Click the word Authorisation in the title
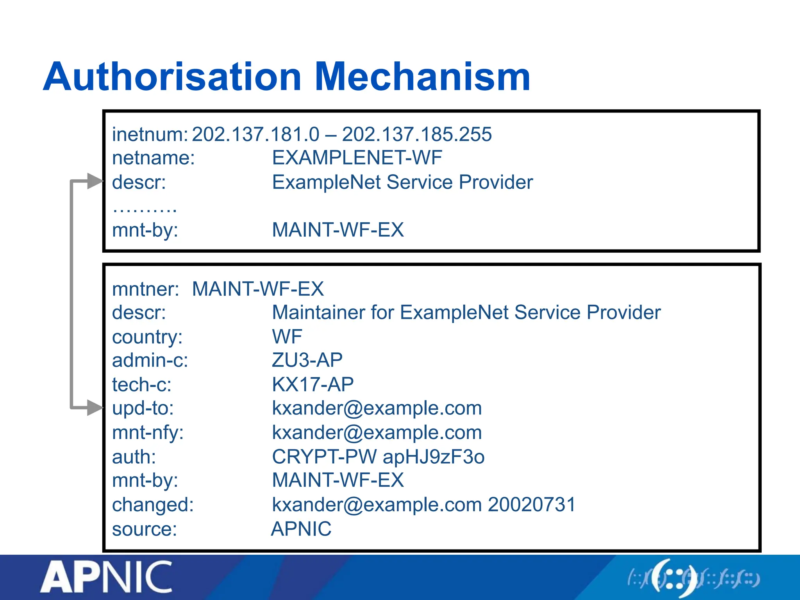(172, 77)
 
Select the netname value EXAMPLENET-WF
(357, 158)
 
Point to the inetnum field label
(150, 134)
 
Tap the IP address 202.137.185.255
(417, 134)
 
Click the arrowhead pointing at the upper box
(95, 181)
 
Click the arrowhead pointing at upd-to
(95, 408)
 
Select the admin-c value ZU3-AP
(307, 360)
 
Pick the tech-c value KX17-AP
(313, 384)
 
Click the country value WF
(287, 336)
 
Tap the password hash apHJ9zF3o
(434, 457)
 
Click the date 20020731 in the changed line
(532, 504)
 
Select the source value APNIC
(301, 529)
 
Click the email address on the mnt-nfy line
(377, 432)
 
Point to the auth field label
(134, 457)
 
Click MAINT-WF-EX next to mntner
(258, 289)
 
